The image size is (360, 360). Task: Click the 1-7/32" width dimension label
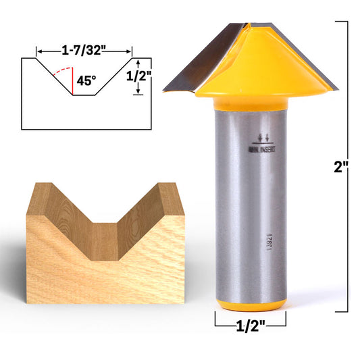(x=84, y=51)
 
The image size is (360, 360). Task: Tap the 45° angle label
(x=86, y=80)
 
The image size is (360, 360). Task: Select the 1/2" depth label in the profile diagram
(x=138, y=77)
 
